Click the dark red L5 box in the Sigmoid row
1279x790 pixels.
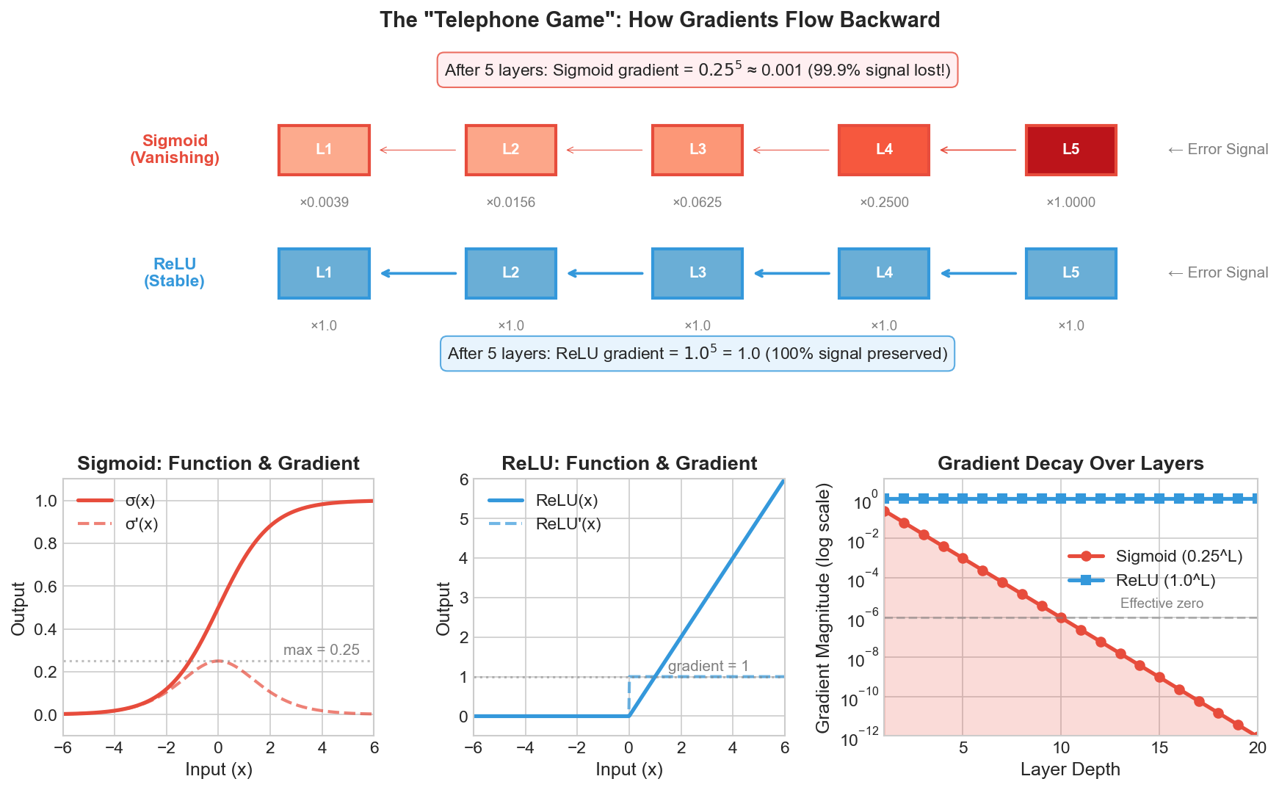coord(1070,150)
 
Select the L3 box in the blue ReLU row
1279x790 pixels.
coord(697,273)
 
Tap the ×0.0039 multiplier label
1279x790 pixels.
coord(324,203)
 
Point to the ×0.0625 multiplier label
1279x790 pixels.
coord(697,203)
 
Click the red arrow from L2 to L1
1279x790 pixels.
coord(418,151)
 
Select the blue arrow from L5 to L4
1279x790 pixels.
coord(978,273)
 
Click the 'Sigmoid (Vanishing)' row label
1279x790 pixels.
coord(175,149)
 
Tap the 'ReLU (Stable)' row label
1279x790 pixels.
coord(175,272)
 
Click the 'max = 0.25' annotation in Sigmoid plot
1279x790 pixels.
coord(321,650)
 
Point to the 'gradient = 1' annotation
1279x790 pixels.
coord(708,666)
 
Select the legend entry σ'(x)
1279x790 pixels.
coord(141,524)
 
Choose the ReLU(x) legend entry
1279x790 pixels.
coord(566,501)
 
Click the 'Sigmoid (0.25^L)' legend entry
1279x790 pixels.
coord(1178,557)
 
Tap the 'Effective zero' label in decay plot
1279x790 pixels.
coord(1162,604)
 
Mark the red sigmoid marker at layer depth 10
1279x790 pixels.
coord(1061,618)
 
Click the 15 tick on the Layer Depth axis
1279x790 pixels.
coord(1159,748)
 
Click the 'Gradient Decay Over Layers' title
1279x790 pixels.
coord(1070,464)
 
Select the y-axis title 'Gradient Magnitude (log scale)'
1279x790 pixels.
coord(823,608)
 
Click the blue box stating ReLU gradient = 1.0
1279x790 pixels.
coord(697,354)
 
